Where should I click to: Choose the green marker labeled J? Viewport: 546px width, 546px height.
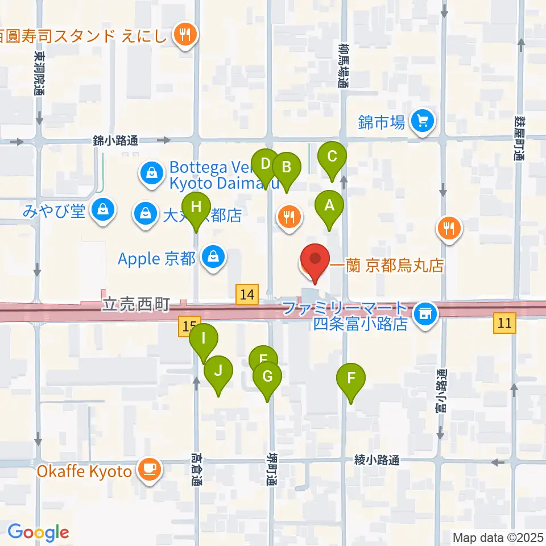[x=218, y=372]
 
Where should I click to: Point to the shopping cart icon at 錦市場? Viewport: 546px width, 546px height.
[x=423, y=121]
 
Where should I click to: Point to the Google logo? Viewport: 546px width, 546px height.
[x=38, y=532]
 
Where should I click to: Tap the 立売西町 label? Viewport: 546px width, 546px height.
[x=136, y=305]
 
